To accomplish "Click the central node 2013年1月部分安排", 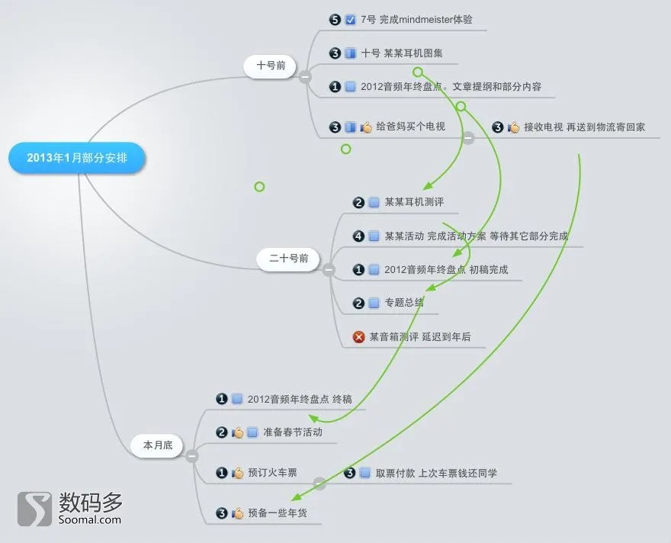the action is [77, 158].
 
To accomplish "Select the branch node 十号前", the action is [271, 66].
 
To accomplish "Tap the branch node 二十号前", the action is [288, 259].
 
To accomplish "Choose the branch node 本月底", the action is [158, 445].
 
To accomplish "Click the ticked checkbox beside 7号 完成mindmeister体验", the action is [350, 20].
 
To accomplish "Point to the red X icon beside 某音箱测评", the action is [358, 337].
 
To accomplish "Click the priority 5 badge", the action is [335, 20].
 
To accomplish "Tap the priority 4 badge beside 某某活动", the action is [358, 236].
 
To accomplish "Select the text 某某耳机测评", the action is [414, 202].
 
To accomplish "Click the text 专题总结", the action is [404, 303].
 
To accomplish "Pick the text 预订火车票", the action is [272, 473].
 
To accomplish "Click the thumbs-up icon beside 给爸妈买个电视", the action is [366, 127].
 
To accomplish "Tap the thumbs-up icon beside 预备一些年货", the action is [237, 513].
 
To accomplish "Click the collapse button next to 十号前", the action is [305, 77].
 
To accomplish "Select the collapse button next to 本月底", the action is [191, 456].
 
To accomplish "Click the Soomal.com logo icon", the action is [34, 509].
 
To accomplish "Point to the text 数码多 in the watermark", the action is [90, 502].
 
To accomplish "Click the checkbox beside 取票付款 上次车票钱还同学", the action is [365, 473].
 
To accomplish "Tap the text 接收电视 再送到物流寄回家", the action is [584, 127].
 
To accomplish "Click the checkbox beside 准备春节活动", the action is [252, 432].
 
